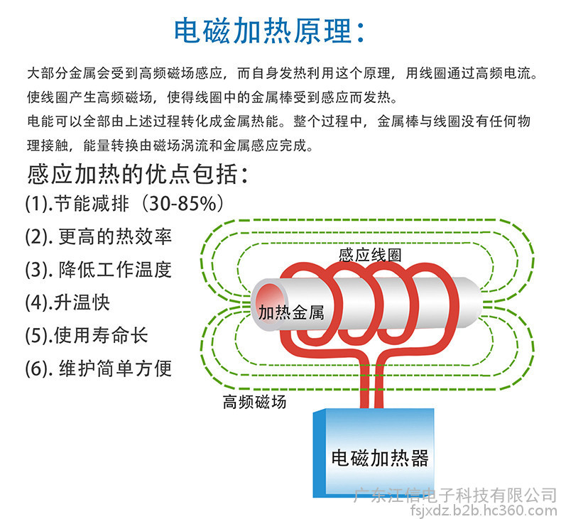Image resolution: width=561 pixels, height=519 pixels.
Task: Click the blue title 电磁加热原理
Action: point(263,31)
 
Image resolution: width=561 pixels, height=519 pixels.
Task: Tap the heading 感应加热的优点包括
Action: point(132,175)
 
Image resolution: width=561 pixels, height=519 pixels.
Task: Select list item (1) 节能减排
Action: point(77,204)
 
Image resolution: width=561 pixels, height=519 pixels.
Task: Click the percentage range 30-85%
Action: point(183,204)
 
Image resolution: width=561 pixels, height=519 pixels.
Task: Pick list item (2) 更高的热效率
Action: point(99,237)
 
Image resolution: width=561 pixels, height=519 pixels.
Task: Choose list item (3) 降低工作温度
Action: point(99,270)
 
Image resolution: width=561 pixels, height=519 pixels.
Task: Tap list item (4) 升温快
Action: point(67,302)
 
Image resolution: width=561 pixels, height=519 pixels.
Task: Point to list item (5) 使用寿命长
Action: point(86,336)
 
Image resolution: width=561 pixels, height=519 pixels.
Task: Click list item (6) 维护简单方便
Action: point(99,368)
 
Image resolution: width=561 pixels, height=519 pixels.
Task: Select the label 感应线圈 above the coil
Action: point(370,255)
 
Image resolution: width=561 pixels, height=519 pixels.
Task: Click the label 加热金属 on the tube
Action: point(291,312)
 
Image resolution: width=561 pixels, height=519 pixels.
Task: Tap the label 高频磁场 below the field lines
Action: point(254,402)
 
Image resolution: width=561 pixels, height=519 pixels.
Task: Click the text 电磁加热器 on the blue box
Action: point(380,458)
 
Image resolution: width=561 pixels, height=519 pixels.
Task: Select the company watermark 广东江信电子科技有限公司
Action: point(455,496)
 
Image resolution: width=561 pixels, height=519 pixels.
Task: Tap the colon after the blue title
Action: point(361,32)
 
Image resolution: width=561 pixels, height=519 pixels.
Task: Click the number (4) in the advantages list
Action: point(37,303)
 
